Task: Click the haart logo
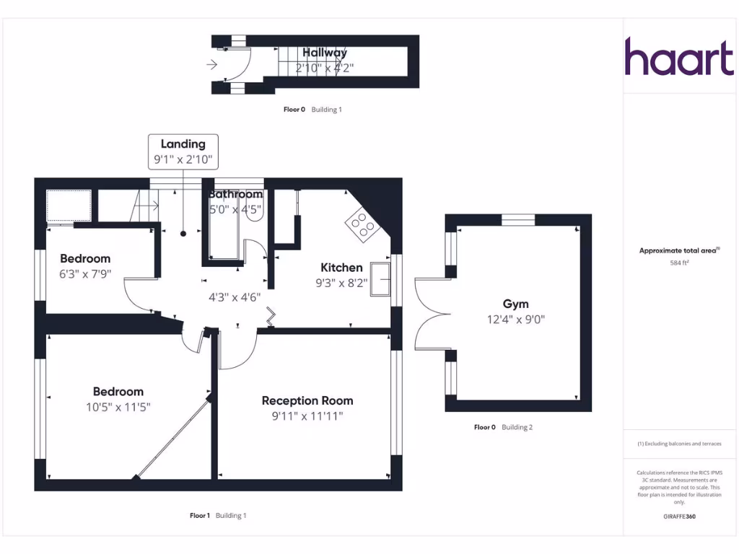click(678, 57)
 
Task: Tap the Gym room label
click(515, 304)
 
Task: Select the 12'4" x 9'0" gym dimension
click(515, 320)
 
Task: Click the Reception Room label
click(307, 400)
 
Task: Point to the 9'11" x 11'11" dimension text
click(307, 416)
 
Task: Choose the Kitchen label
click(341, 268)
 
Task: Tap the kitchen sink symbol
click(380, 278)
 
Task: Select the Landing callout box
click(183, 152)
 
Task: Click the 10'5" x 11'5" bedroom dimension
click(118, 407)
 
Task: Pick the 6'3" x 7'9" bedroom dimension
click(85, 274)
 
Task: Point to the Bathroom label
click(235, 194)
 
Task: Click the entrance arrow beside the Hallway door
click(211, 65)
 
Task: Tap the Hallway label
click(324, 53)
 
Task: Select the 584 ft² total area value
click(679, 263)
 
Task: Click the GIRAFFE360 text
click(679, 516)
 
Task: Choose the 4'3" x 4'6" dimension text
click(235, 296)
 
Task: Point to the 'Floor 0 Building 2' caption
click(503, 427)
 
